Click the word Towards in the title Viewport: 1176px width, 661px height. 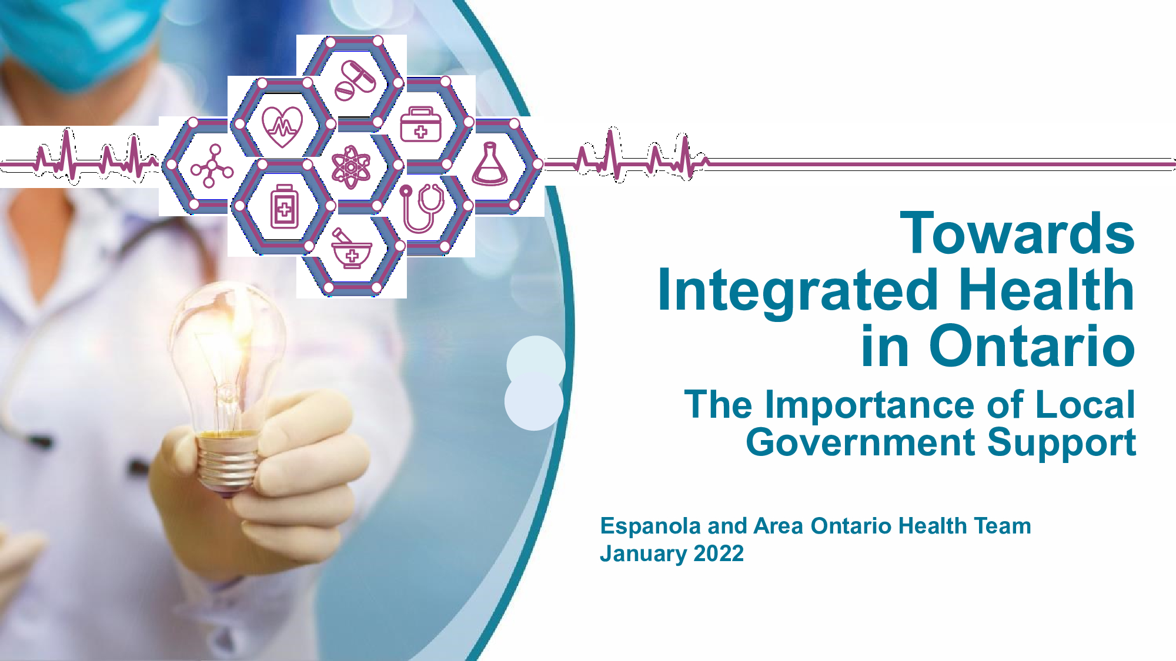pos(1017,233)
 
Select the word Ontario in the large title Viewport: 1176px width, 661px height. pos(1032,346)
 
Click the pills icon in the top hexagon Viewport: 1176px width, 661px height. pos(355,80)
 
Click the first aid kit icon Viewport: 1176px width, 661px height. pos(420,125)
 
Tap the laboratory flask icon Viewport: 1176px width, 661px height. pos(489,164)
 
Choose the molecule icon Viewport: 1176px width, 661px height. pos(212,167)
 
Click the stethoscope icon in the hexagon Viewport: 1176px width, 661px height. pos(422,209)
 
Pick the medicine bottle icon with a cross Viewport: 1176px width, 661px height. pos(284,207)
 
